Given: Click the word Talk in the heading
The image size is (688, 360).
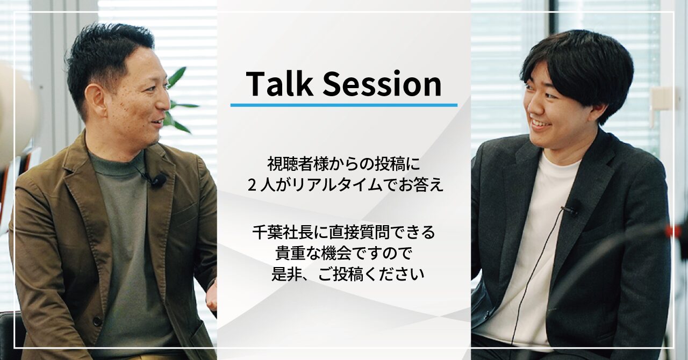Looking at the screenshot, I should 275,84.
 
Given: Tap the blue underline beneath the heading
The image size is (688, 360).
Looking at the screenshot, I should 344,105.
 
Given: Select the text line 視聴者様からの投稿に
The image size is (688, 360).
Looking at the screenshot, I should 344,162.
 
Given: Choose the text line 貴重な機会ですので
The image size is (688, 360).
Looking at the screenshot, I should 344,254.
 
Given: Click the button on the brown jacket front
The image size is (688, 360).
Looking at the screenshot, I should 97,321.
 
